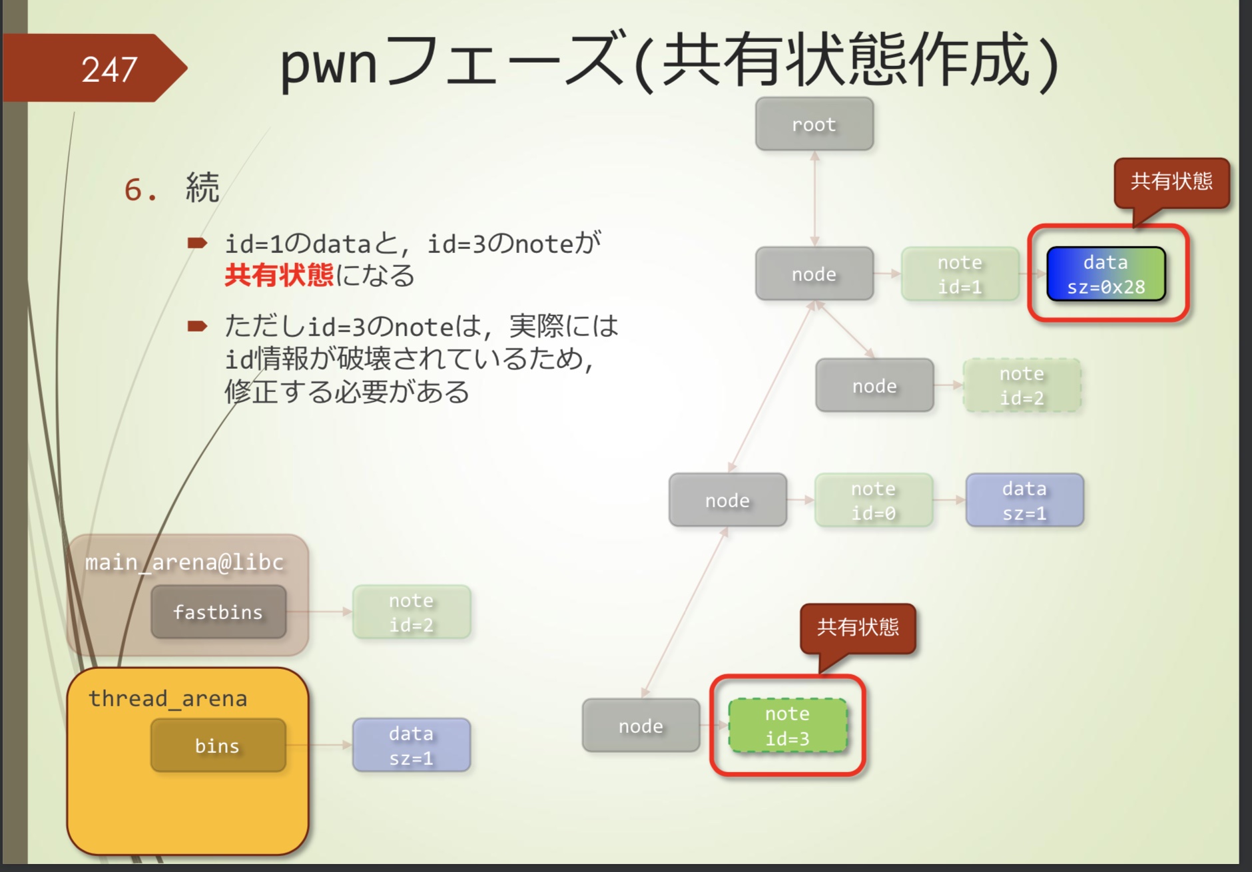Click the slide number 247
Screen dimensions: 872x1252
(x=109, y=69)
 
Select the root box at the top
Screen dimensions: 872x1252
(x=814, y=124)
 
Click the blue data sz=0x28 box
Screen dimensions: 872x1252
(x=1105, y=274)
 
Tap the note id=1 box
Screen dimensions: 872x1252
(x=960, y=274)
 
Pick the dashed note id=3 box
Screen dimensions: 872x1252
(x=787, y=726)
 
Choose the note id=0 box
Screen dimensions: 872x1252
(x=873, y=501)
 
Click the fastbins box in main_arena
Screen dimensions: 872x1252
(x=218, y=612)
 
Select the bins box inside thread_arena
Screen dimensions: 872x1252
(x=218, y=746)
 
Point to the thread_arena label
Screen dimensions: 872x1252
(x=168, y=698)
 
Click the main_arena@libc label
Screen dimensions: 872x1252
(x=184, y=562)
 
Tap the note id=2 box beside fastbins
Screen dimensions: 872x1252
(x=411, y=612)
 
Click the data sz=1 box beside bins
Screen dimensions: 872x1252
(x=411, y=746)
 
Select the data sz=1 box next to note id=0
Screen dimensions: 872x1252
(x=1024, y=501)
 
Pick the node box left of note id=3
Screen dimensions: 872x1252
(x=641, y=726)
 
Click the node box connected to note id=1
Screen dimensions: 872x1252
(x=814, y=274)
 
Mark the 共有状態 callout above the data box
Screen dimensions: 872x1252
(x=1171, y=182)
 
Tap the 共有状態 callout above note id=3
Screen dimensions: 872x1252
(x=858, y=627)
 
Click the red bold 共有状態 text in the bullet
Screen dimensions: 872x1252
(x=279, y=275)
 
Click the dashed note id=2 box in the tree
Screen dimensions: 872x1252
(x=1022, y=386)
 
